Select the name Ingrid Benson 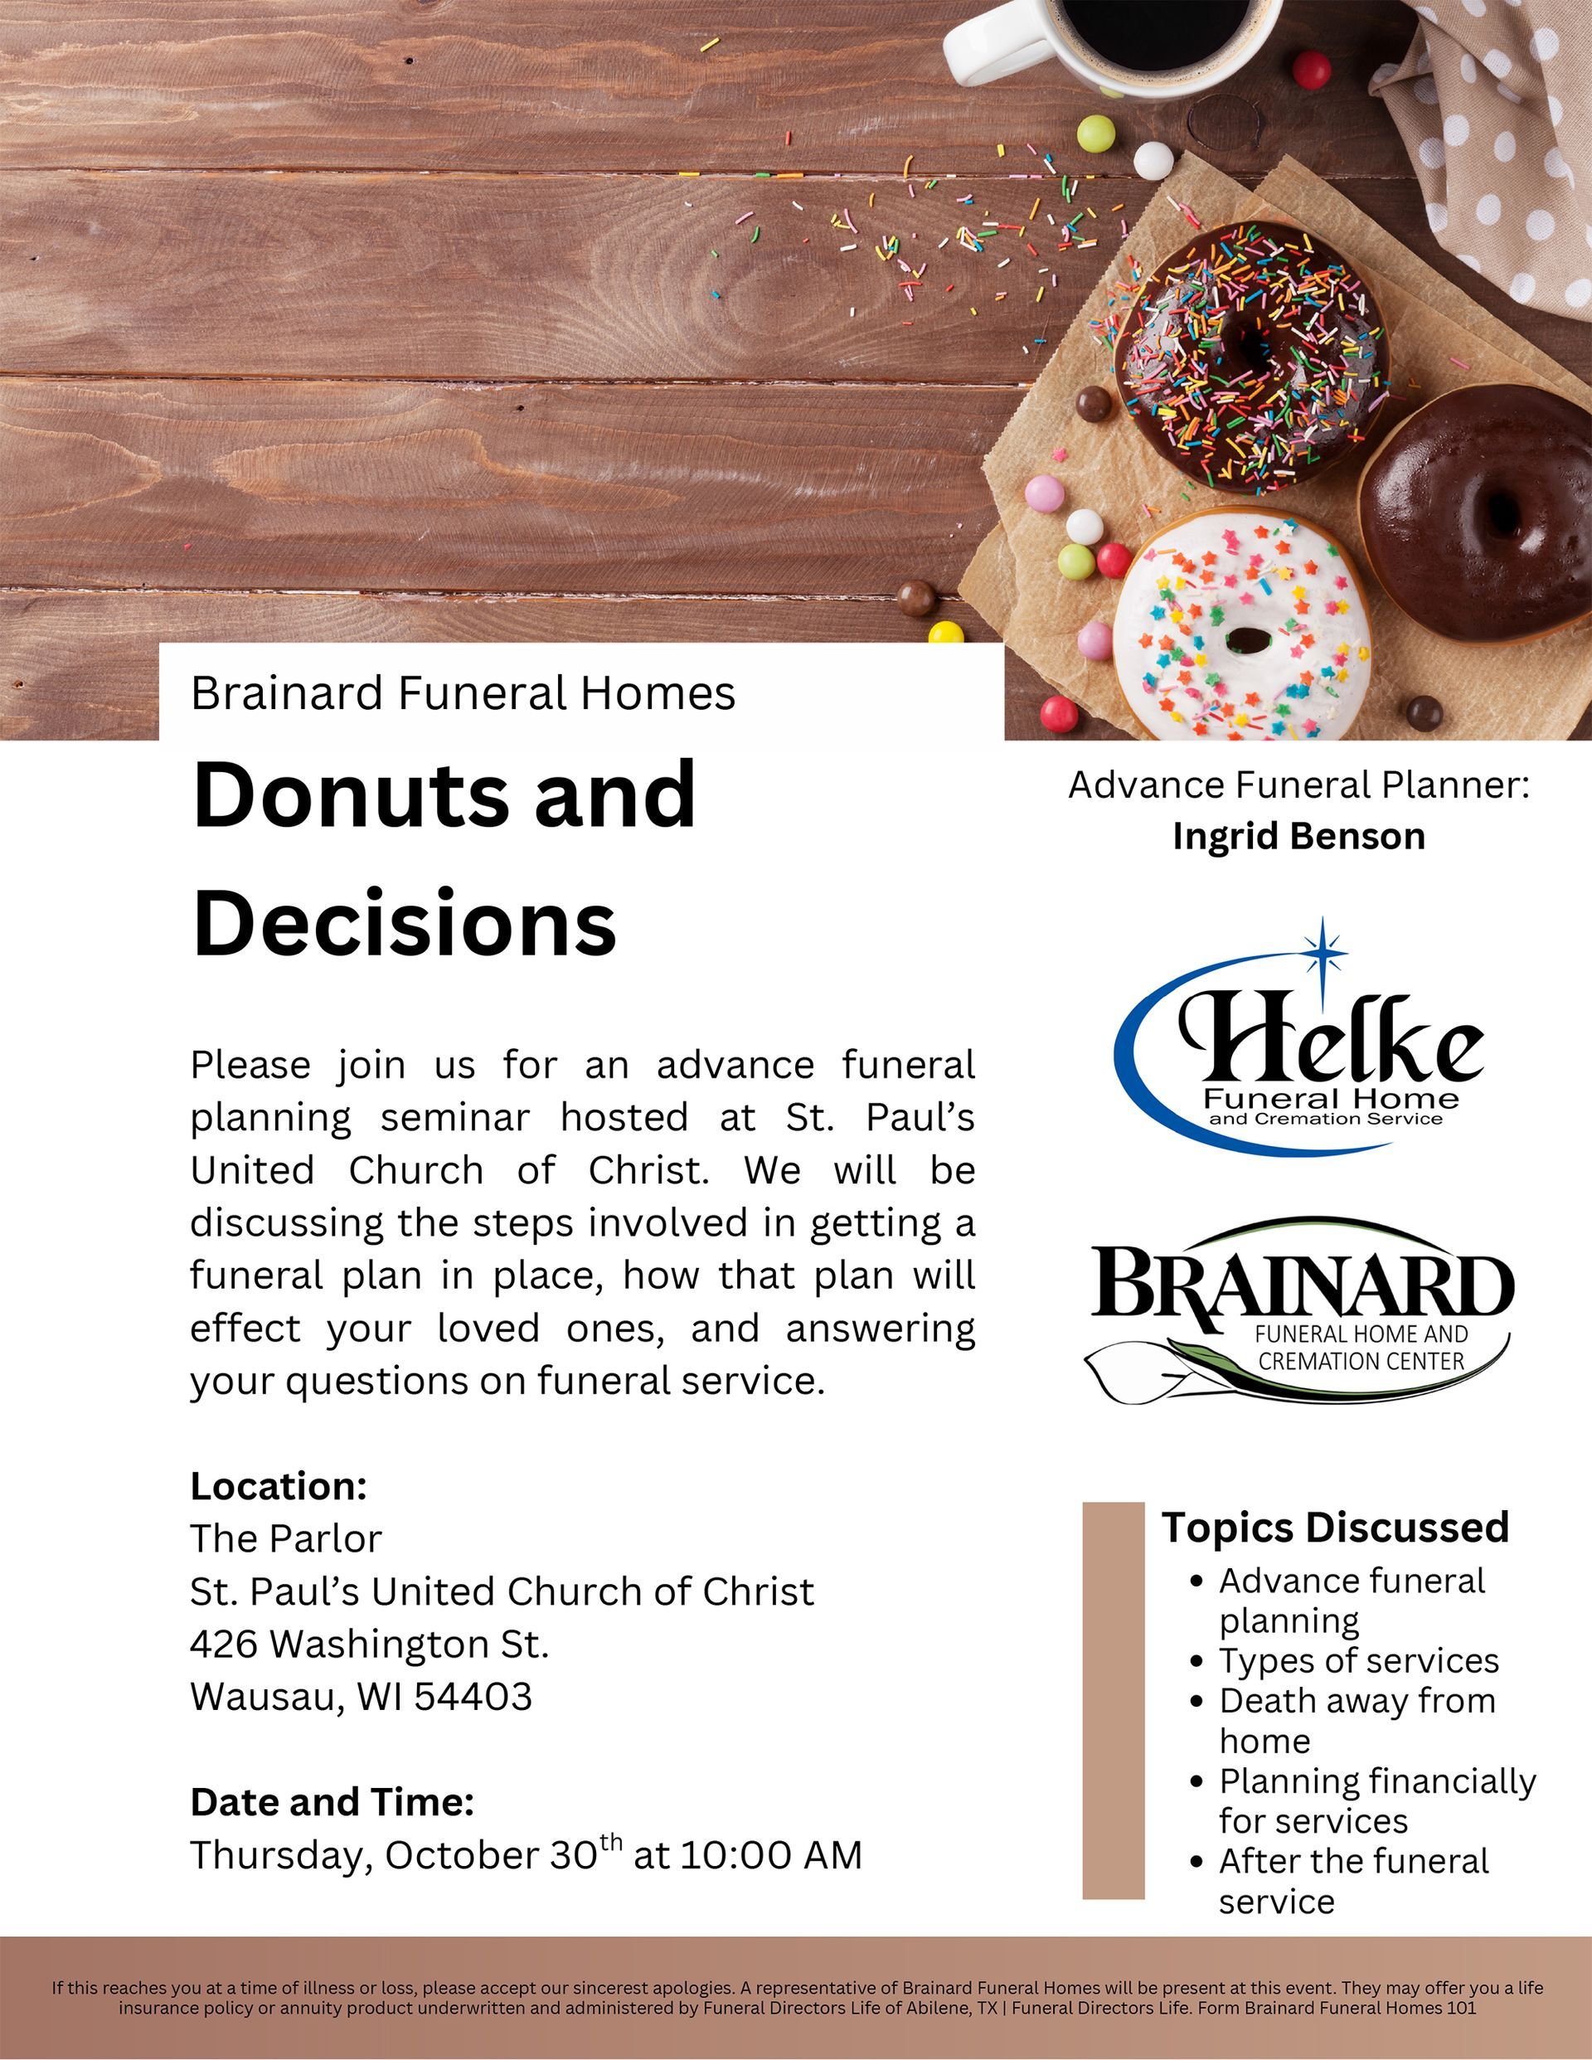1298,837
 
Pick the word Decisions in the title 405,921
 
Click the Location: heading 279,1486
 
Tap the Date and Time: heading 332,1801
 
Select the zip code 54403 473,1696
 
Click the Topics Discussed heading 1336,1527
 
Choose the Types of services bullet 1358,1660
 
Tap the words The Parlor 286,1538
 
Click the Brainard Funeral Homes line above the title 462,693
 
